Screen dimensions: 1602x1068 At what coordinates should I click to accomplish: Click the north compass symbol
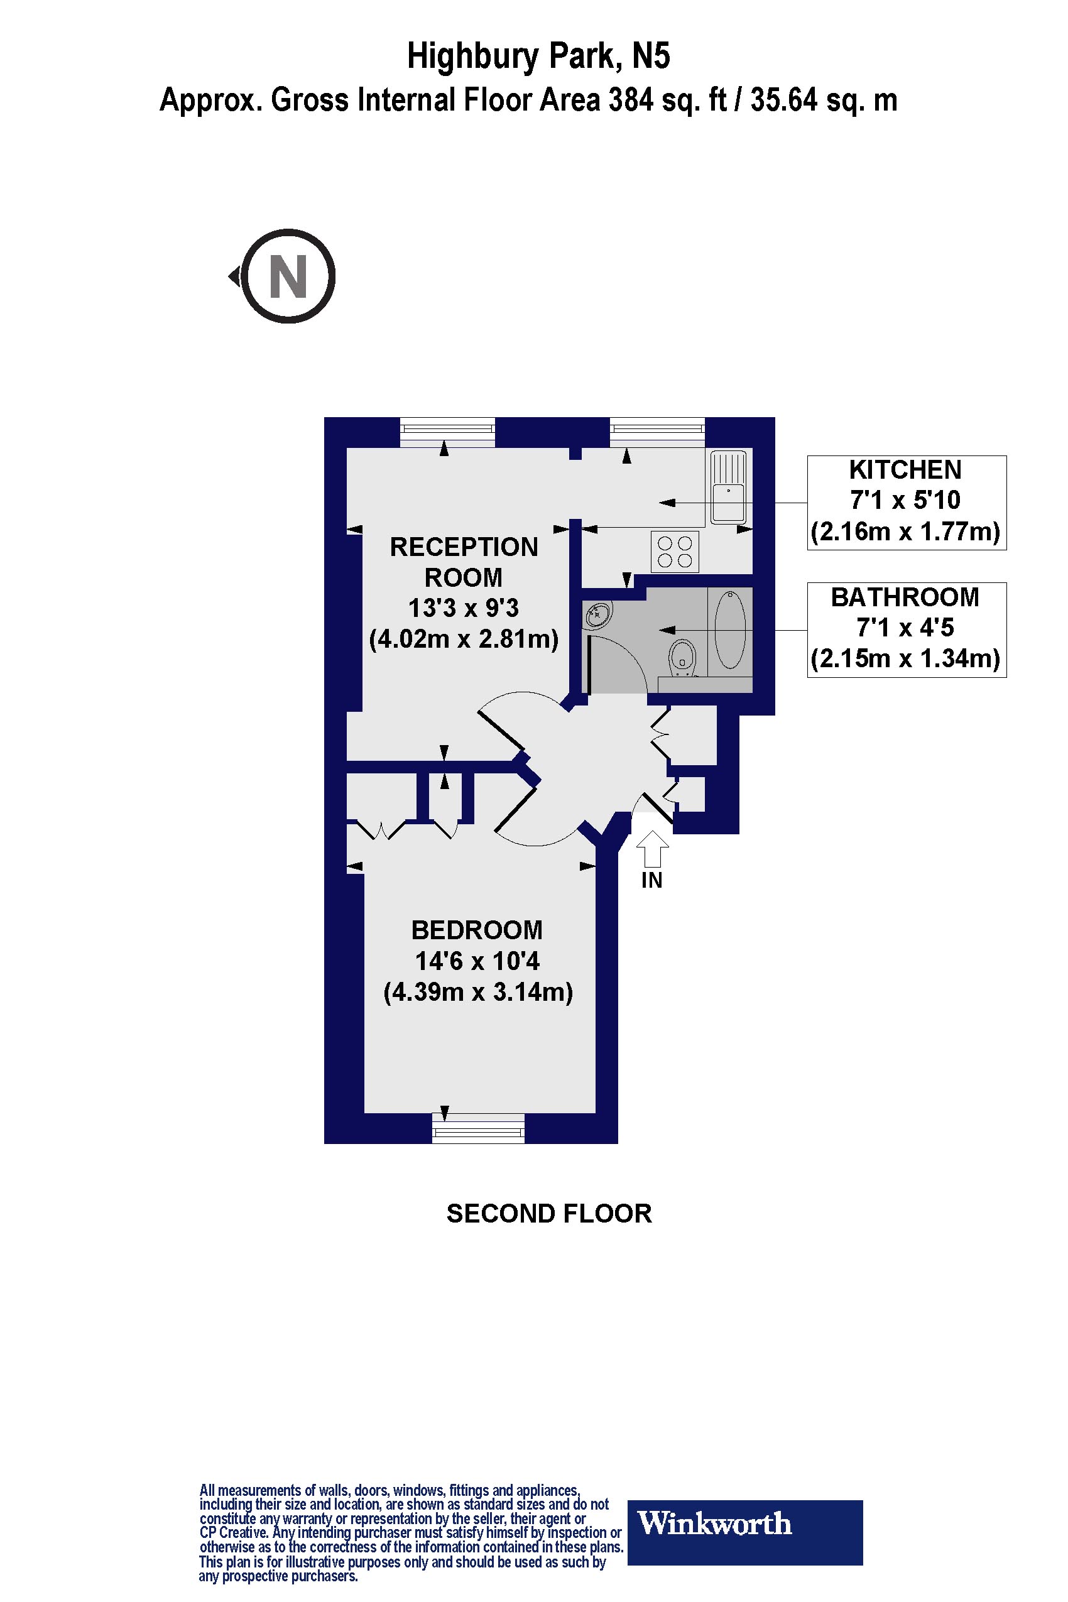[288, 276]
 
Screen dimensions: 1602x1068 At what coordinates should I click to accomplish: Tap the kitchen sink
[728, 487]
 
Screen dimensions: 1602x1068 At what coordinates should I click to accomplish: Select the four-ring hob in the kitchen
[675, 552]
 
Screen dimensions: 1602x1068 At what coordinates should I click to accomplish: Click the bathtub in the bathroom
[731, 630]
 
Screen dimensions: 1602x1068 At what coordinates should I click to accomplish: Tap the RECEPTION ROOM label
[464, 562]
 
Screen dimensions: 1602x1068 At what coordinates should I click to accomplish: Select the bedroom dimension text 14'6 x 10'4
[477, 961]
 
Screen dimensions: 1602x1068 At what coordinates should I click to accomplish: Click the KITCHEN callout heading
[905, 470]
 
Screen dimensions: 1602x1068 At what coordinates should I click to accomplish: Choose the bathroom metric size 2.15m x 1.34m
[905, 658]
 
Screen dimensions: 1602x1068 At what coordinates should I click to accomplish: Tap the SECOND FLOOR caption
[549, 1213]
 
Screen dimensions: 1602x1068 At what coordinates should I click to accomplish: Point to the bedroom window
[478, 1128]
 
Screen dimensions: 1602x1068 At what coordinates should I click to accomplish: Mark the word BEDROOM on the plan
[477, 930]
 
